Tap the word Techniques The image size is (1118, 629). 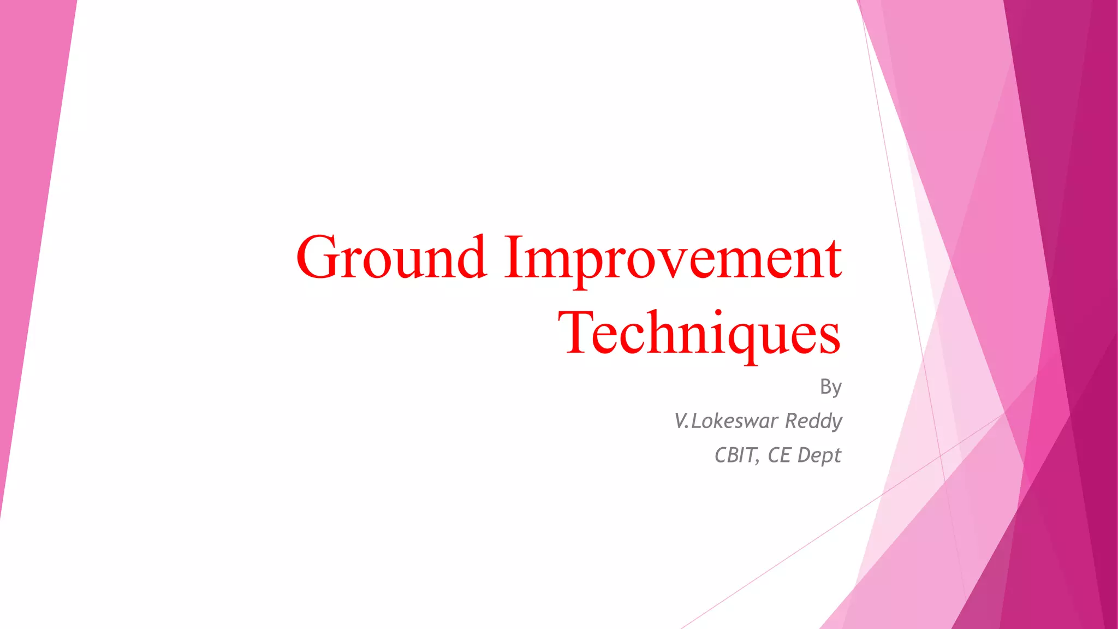699,333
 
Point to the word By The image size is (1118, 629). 830,387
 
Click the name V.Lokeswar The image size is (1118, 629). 726,421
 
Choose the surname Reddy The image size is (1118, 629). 813,422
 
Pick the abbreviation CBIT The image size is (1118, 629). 735,455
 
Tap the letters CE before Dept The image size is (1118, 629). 779,455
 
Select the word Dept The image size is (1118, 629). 819,455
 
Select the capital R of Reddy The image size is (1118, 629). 792,421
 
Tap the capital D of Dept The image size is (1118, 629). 804,455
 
